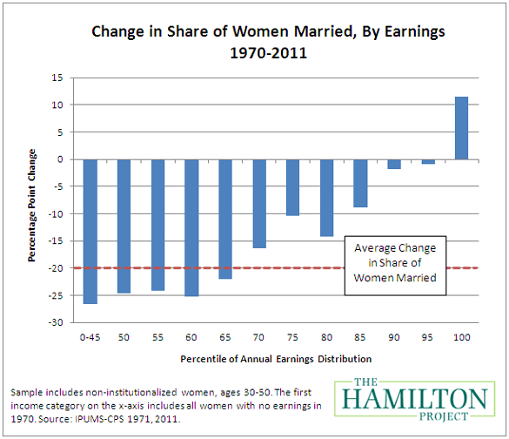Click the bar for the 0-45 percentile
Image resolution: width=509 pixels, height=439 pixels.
point(90,232)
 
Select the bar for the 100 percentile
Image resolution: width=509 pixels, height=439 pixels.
point(461,128)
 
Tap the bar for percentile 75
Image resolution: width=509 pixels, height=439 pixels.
point(292,187)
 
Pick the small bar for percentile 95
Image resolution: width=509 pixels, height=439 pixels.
point(428,162)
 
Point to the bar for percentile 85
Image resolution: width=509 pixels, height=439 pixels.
point(360,183)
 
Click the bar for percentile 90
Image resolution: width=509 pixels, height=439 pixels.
point(394,164)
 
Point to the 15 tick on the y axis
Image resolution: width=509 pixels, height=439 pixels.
point(57,78)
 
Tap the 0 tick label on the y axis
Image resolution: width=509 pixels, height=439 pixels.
point(60,159)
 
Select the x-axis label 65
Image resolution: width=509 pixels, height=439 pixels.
point(225,335)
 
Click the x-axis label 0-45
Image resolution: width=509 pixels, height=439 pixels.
point(90,335)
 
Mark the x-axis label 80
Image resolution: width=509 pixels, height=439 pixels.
point(326,335)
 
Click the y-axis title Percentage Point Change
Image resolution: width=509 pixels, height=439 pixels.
point(31,199)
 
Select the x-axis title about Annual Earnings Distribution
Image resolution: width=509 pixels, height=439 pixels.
point(276,358)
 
